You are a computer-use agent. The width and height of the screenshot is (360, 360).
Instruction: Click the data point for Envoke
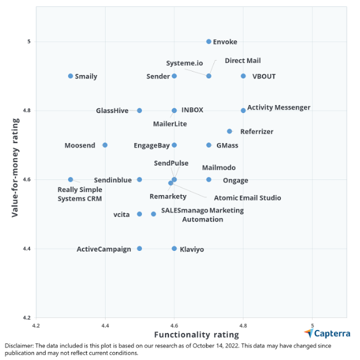point(209,42)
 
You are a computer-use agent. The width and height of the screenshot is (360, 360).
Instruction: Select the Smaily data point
point(70,76)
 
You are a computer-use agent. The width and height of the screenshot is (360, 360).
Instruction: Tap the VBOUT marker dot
point(243,76)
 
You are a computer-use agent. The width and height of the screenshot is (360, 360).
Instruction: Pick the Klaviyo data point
point(174,249)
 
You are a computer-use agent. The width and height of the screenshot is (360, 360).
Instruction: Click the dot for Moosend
point(105,145)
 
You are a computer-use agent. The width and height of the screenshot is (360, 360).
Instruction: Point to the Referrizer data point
point(230,132)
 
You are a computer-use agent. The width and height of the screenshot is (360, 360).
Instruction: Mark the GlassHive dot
point(140,110)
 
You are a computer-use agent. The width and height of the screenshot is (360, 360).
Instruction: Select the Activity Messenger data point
point(243,110)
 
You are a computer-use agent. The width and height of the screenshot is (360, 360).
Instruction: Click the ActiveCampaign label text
point(104,249)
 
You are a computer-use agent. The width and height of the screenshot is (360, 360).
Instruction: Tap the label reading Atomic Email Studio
point(247,198)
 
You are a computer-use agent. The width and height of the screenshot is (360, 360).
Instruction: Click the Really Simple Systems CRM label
point(80,194)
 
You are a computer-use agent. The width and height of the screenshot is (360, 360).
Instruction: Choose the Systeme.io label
point(185,63)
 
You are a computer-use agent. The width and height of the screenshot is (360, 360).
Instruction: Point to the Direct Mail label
point(238,61)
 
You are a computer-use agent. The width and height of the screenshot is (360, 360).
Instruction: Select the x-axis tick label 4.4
point(105,324)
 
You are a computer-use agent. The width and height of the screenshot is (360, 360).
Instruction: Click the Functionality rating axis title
point(196,335)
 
